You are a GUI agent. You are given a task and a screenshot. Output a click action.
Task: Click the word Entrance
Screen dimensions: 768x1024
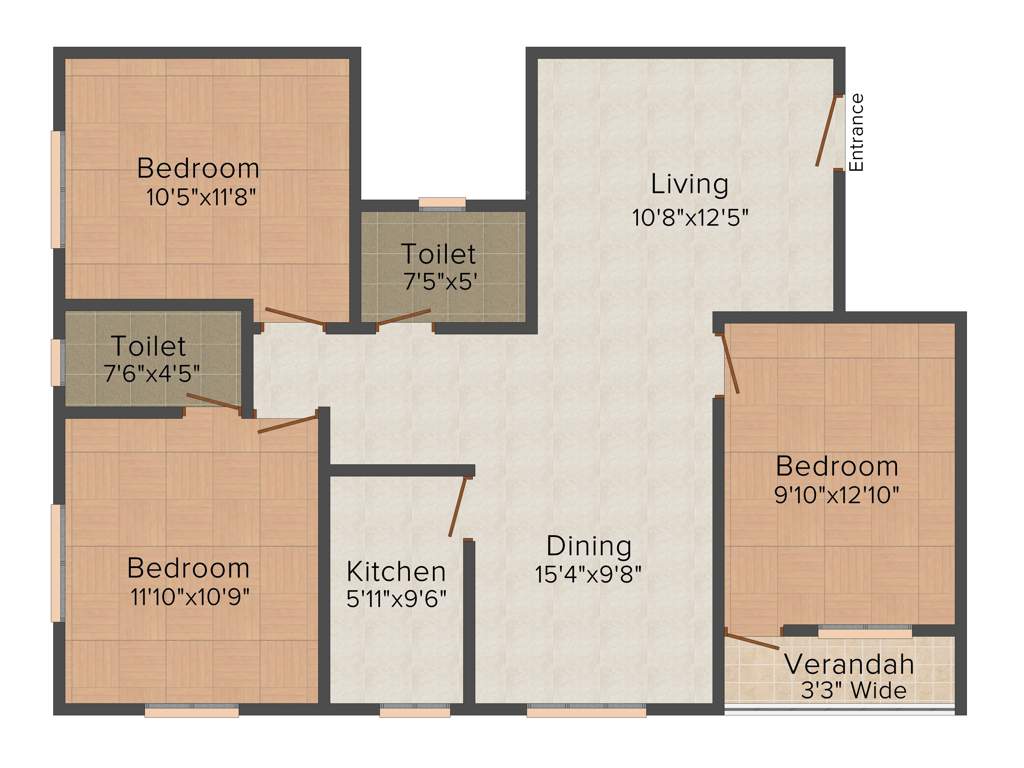tap(856, 132)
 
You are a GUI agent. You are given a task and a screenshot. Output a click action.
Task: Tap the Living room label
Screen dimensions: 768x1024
tap(689, 184)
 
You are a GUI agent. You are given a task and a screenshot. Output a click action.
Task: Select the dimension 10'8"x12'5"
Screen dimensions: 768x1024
tap(689, 215)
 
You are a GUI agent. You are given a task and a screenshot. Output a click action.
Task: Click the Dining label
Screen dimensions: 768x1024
tap(589, 546)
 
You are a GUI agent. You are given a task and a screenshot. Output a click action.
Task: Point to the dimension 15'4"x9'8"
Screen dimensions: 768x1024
tap(588, 574)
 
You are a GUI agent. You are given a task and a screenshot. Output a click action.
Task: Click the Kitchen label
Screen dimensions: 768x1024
tap(396, 571)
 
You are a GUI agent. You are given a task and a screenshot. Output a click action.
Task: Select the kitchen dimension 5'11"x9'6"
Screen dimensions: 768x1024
tap(396, 598)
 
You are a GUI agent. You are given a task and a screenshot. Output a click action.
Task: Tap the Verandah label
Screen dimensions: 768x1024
tap(849, 664)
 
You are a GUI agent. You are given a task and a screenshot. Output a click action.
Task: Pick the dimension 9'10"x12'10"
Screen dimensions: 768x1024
tap(837, 493)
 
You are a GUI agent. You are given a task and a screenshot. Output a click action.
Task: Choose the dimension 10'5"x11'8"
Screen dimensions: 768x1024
tap(202, 197)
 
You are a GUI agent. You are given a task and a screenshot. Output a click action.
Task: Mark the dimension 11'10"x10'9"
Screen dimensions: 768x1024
tap(188, 597)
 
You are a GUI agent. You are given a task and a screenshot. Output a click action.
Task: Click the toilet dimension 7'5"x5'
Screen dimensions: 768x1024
tap(438, 281)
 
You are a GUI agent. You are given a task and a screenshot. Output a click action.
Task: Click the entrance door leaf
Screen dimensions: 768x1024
tap(825, 131)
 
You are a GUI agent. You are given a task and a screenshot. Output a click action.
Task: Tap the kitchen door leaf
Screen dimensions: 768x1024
tap(458, 508)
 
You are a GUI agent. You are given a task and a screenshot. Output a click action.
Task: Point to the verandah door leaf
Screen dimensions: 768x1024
tap(752, 641)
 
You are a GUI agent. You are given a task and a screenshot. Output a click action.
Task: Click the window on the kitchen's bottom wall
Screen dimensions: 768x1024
tap(414, 712)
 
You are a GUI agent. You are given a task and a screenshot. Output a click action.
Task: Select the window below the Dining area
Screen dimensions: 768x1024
tap(587, 712)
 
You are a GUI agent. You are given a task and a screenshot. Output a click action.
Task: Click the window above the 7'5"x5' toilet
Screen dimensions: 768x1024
tap(442, 203)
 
